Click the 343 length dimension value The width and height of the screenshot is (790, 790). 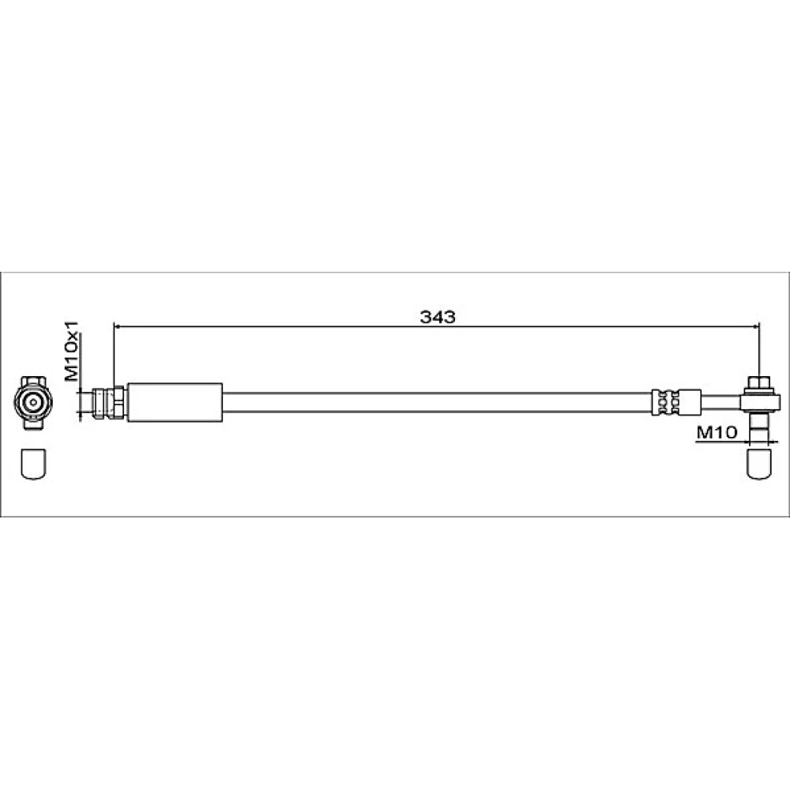(x=438, y=317)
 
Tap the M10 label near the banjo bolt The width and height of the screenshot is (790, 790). (x=717, y=432)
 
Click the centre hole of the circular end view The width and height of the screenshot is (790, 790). (x=33, y=402)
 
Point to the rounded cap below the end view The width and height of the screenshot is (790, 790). (x=33, y=464)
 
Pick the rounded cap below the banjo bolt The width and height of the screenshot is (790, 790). (x=758, y=464)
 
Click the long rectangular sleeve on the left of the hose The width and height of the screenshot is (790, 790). (x=175, y=402)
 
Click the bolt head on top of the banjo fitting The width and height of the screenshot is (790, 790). (x=759, y=384)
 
